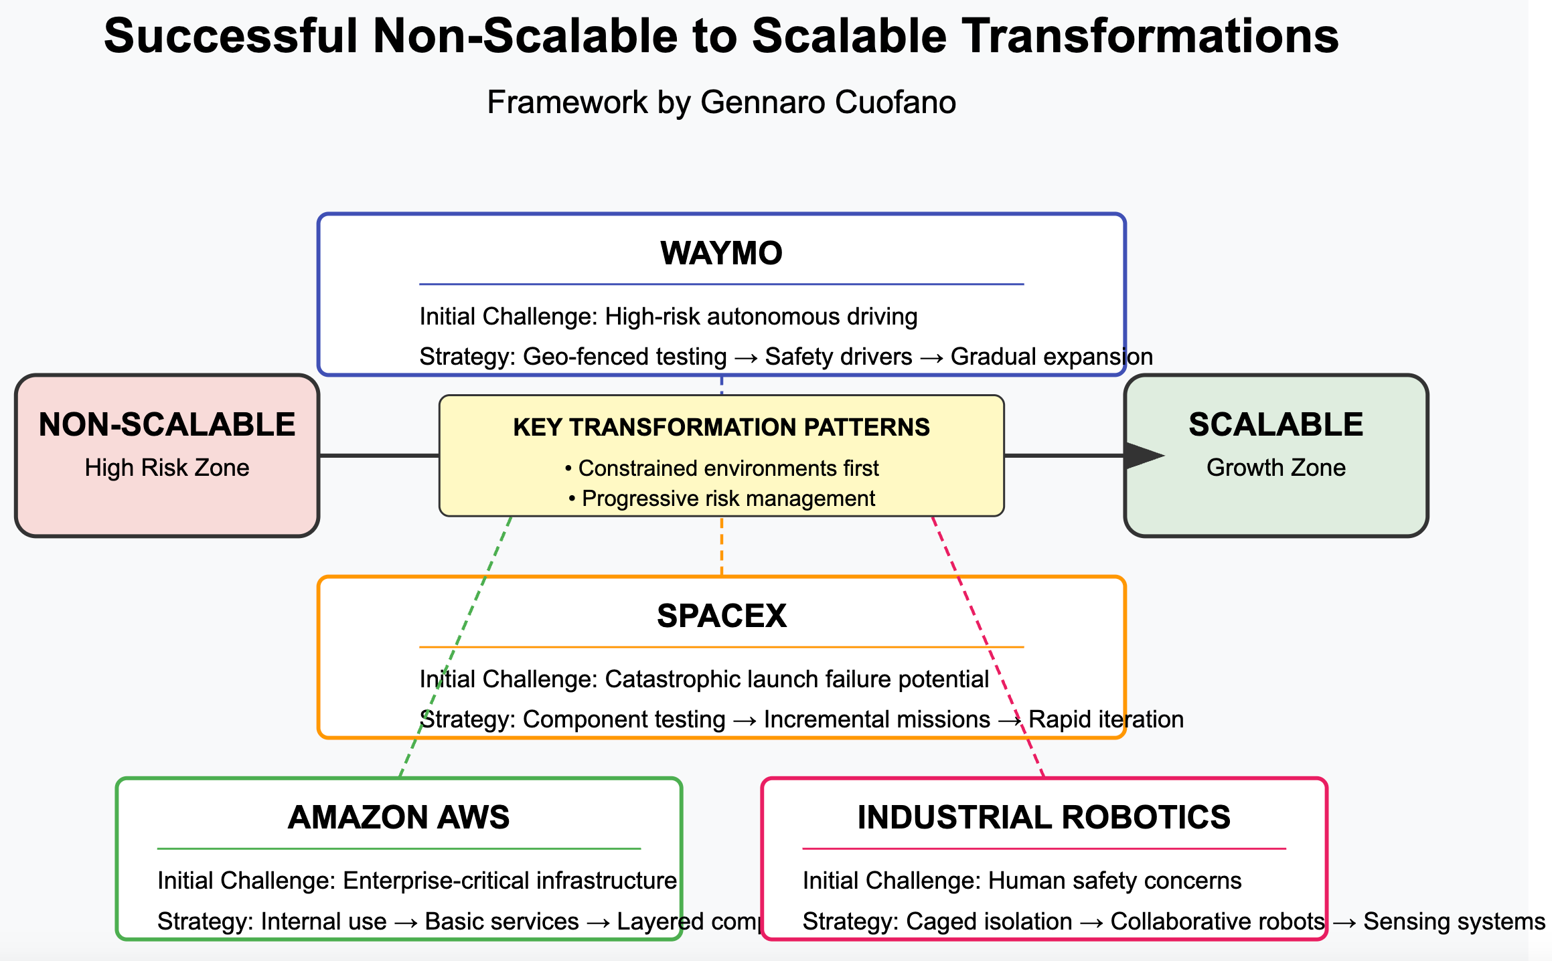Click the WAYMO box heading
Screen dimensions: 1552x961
pos(721,254)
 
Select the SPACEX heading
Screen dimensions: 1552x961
pos(721,616)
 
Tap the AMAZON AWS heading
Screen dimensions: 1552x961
pos(398,818)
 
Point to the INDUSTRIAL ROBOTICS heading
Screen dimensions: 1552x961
pos(1044,818)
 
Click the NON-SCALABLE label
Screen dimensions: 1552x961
pos(167,425)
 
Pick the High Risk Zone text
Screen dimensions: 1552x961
pos(167,468)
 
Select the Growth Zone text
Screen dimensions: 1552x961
pos(1275,468)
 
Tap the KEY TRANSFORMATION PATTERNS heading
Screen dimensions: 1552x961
pos(721,428)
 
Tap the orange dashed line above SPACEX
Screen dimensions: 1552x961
pos(721,545)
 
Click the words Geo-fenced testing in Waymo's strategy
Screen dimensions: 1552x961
pos(624,357)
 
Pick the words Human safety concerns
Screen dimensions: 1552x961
pos(1115,881)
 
